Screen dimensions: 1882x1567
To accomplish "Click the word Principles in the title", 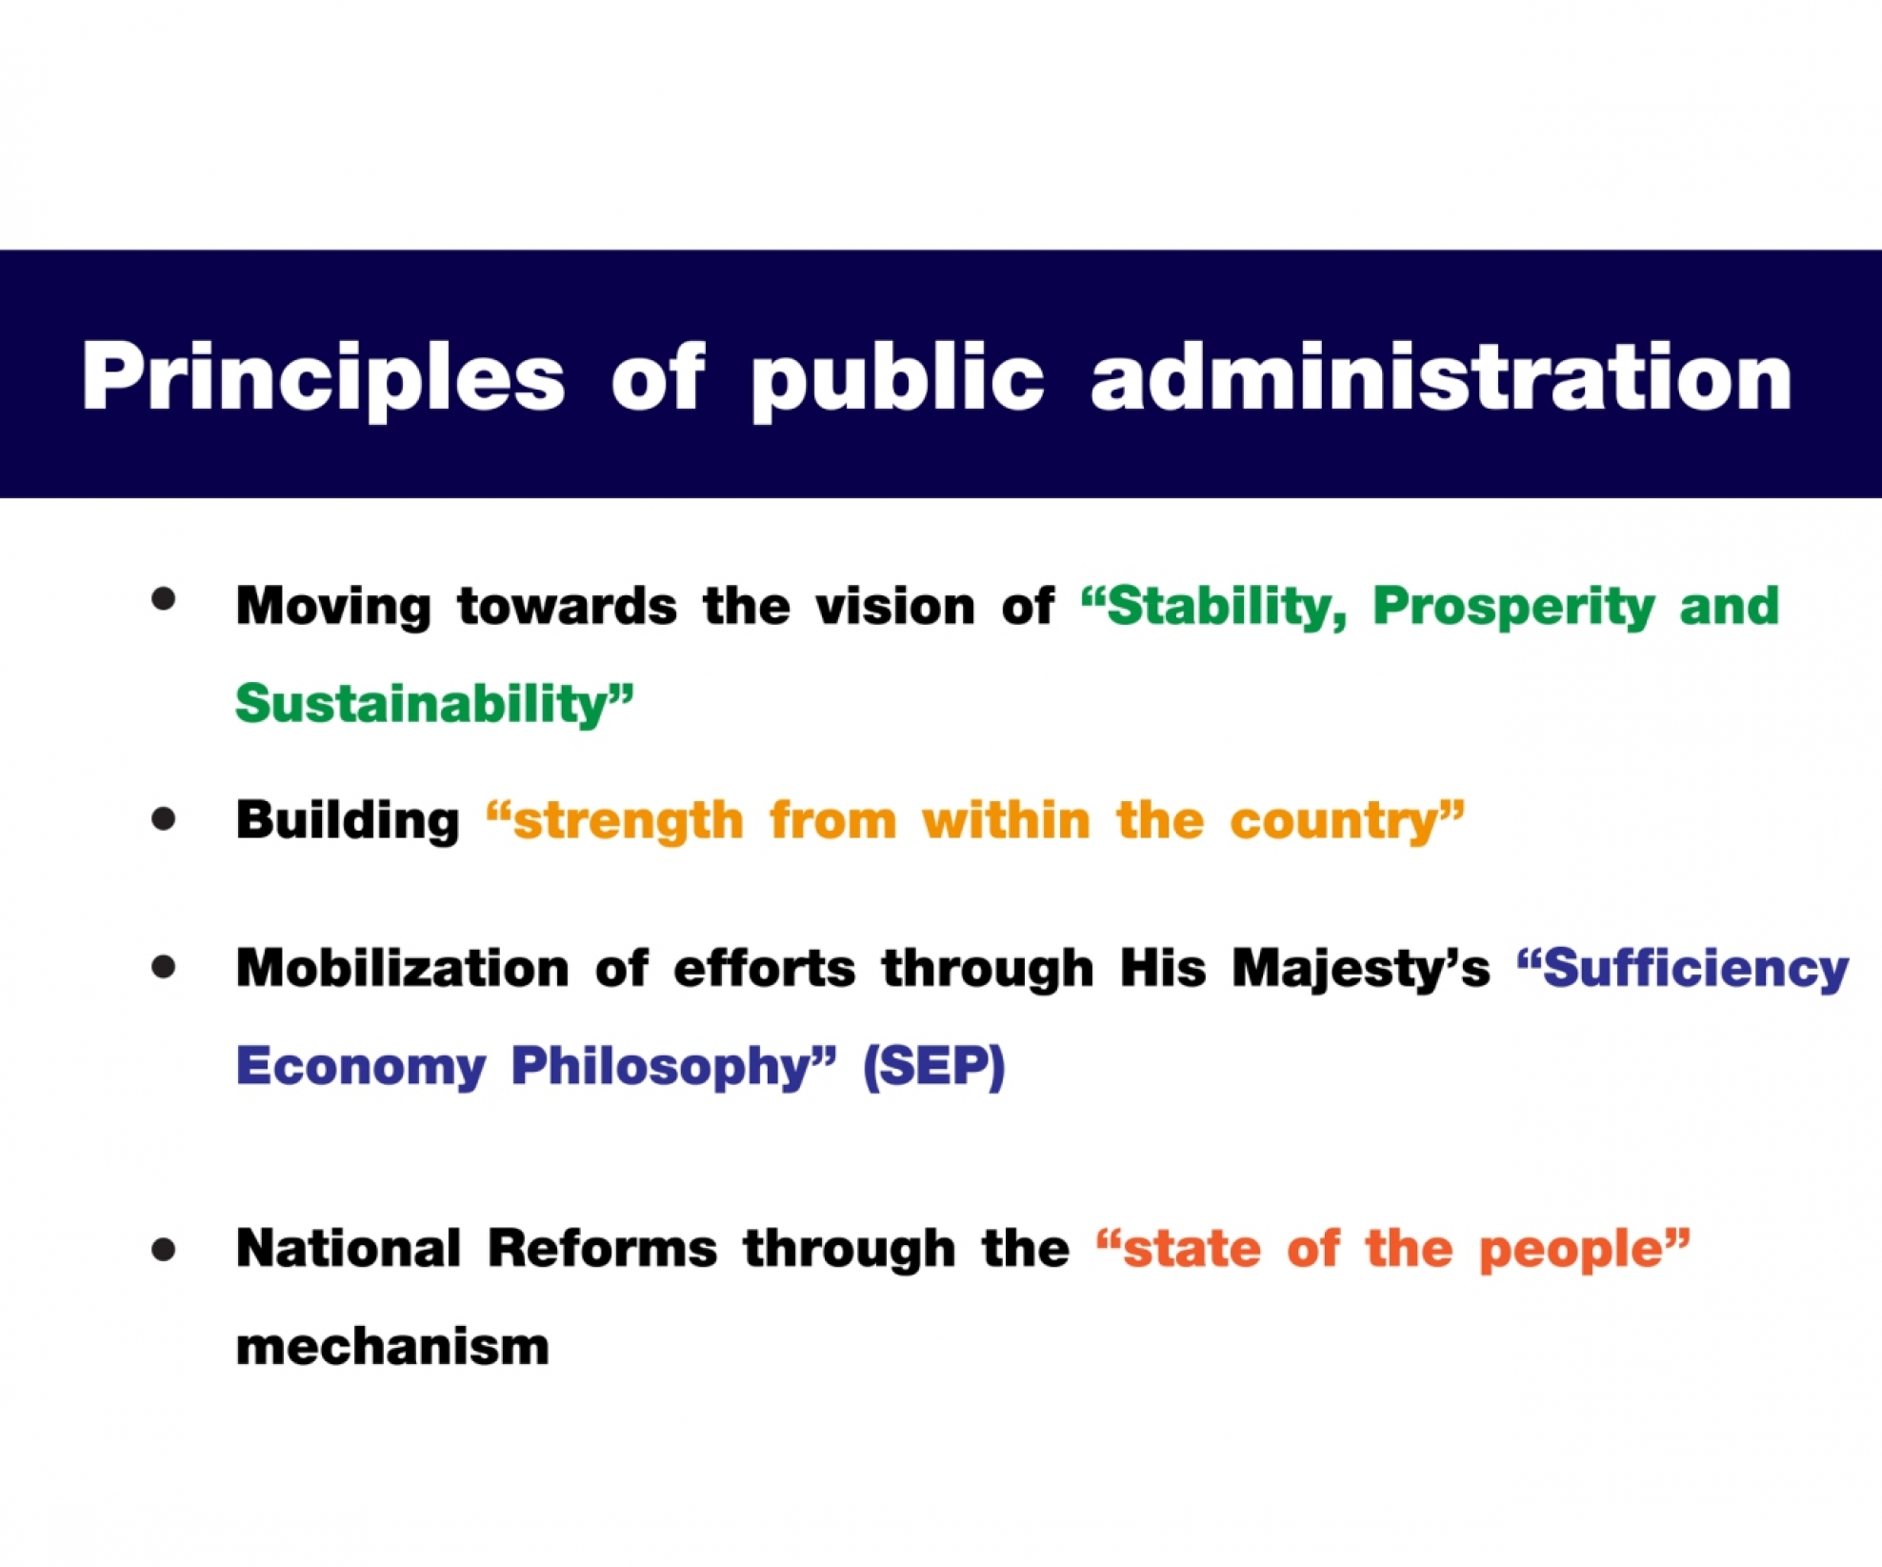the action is tap(324, 379).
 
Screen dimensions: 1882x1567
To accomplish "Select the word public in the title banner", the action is tap(897, 379).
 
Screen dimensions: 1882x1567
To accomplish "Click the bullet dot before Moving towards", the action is tap(164, 598).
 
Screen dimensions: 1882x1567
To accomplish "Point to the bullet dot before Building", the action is tap(164, 818).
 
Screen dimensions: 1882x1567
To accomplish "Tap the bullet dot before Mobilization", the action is tap(164, 967).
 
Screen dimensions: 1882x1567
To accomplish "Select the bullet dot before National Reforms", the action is tap(164, 1249).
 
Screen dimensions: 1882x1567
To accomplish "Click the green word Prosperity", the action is tap(1513, 607).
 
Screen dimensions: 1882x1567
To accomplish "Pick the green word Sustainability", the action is tap(422, 705).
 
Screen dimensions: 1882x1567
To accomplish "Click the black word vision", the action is tap(895, 606).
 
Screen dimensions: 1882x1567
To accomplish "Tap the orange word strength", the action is tap(629, 821).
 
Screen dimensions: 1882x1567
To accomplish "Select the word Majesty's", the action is tap(1361, 970).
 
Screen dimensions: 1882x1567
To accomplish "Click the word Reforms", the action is tap(602, 1249).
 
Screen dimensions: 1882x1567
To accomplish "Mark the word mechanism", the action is tap(392, 1347).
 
